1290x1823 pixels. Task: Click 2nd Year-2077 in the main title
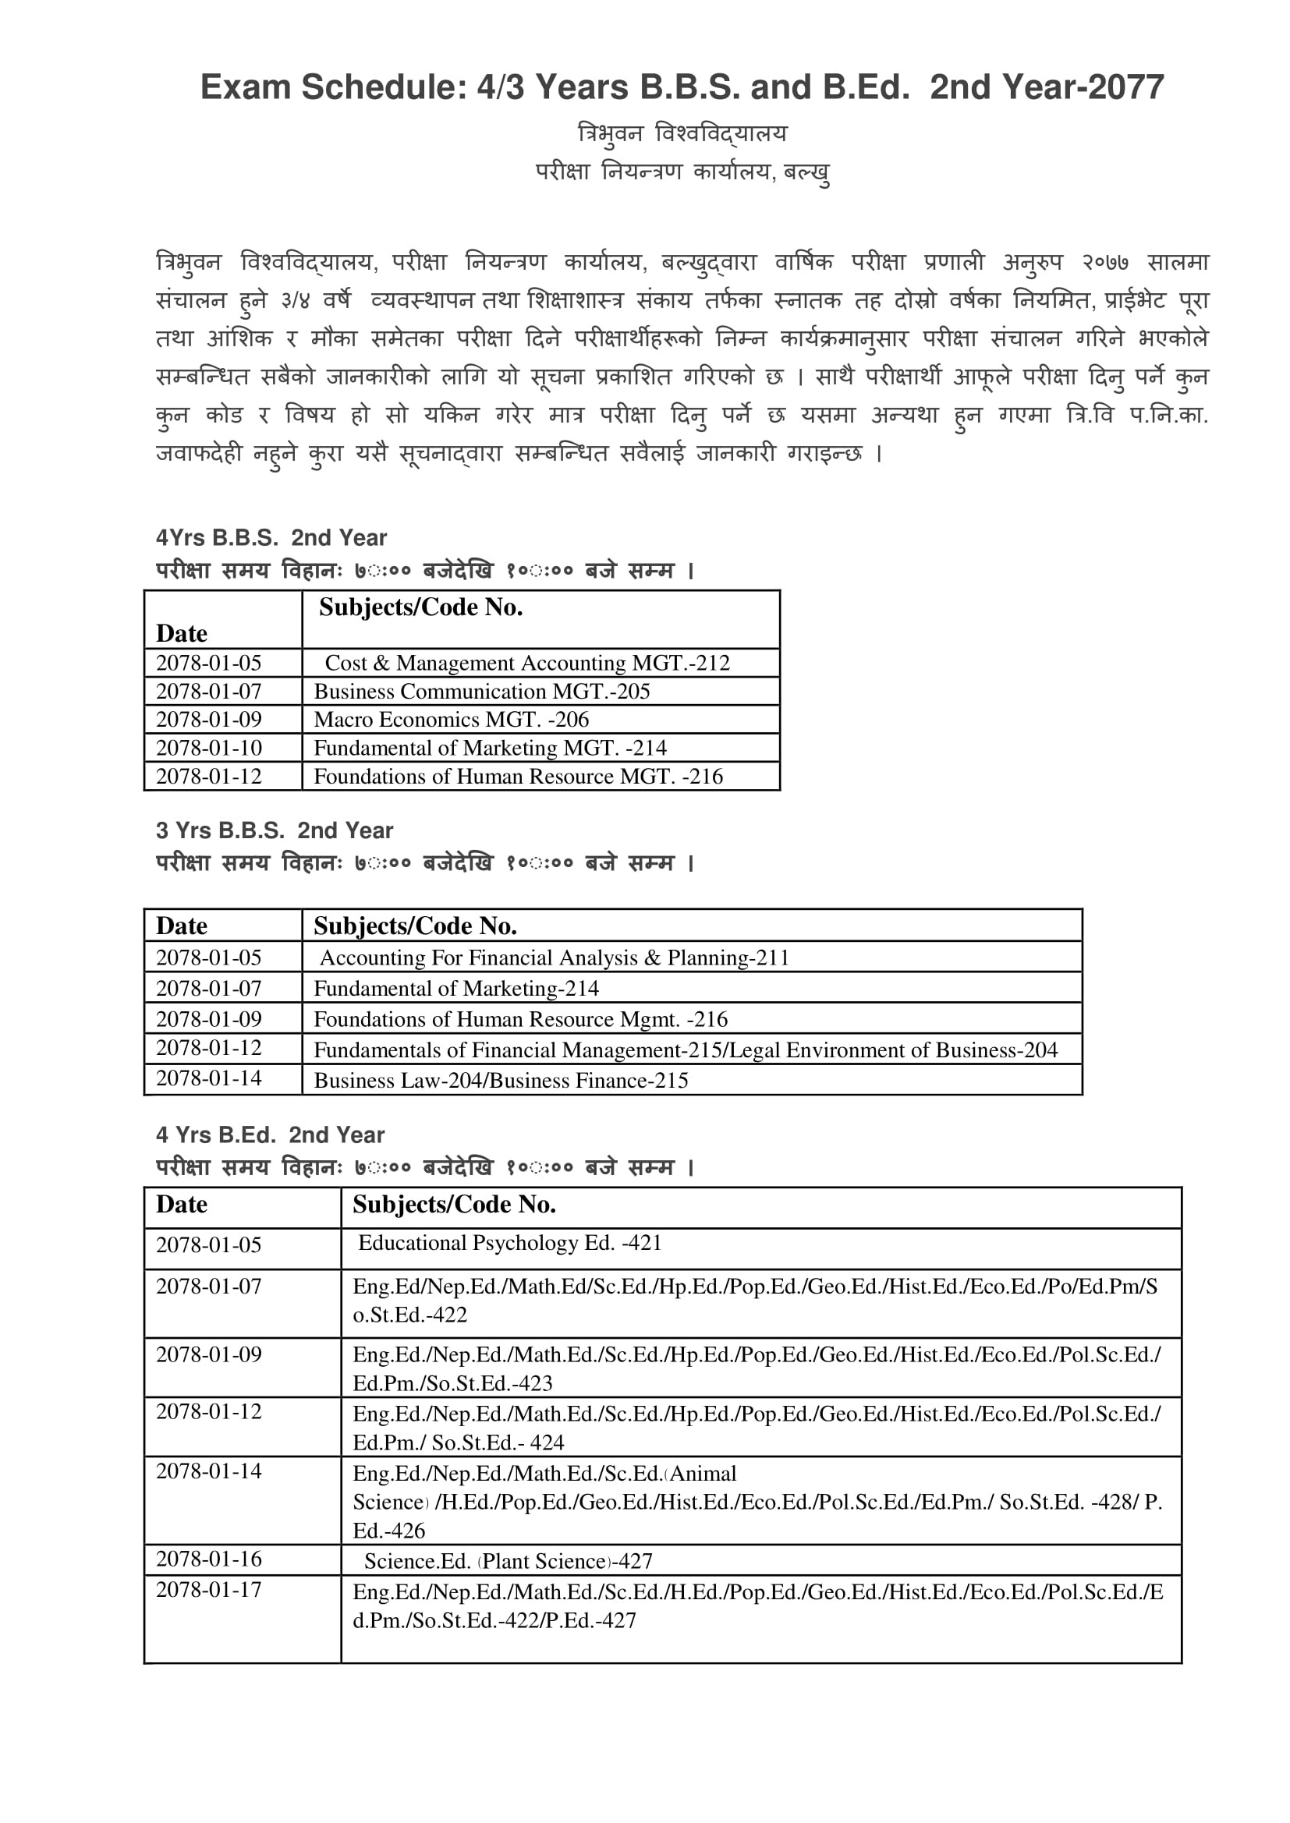tap(1046, 87)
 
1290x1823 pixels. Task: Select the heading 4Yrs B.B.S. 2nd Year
tap(271, 537)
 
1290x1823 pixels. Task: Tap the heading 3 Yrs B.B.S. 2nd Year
tap(274, 830)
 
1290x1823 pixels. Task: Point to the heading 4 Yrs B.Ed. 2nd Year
tap(270, 1135)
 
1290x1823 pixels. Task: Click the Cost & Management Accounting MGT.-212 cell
tap(526, 663)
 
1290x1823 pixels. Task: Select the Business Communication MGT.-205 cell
tap(481, 692)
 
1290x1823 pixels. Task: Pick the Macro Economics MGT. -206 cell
tap(451, 720)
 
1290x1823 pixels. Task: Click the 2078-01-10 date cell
tap(209, 748)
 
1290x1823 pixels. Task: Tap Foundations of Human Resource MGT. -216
tap(518, 777)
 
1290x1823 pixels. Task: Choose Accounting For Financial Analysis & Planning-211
tap(554, 958)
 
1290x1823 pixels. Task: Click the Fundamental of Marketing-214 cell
tap(456, 989)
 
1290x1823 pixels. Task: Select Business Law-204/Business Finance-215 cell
tap(501, 1081)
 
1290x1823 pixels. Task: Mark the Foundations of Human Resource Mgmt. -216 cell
tap(520, 1019)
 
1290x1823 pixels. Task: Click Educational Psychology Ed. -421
tap(509, 1244)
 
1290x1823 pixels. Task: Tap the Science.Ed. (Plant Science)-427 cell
tap(508, 1561)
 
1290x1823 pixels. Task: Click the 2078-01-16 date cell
tap(209, 1559)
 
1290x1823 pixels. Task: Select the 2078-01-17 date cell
tap(209, 1590)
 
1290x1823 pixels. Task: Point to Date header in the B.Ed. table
tap(182, 1205)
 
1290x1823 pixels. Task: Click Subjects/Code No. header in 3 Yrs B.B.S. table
tap(415, 926)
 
